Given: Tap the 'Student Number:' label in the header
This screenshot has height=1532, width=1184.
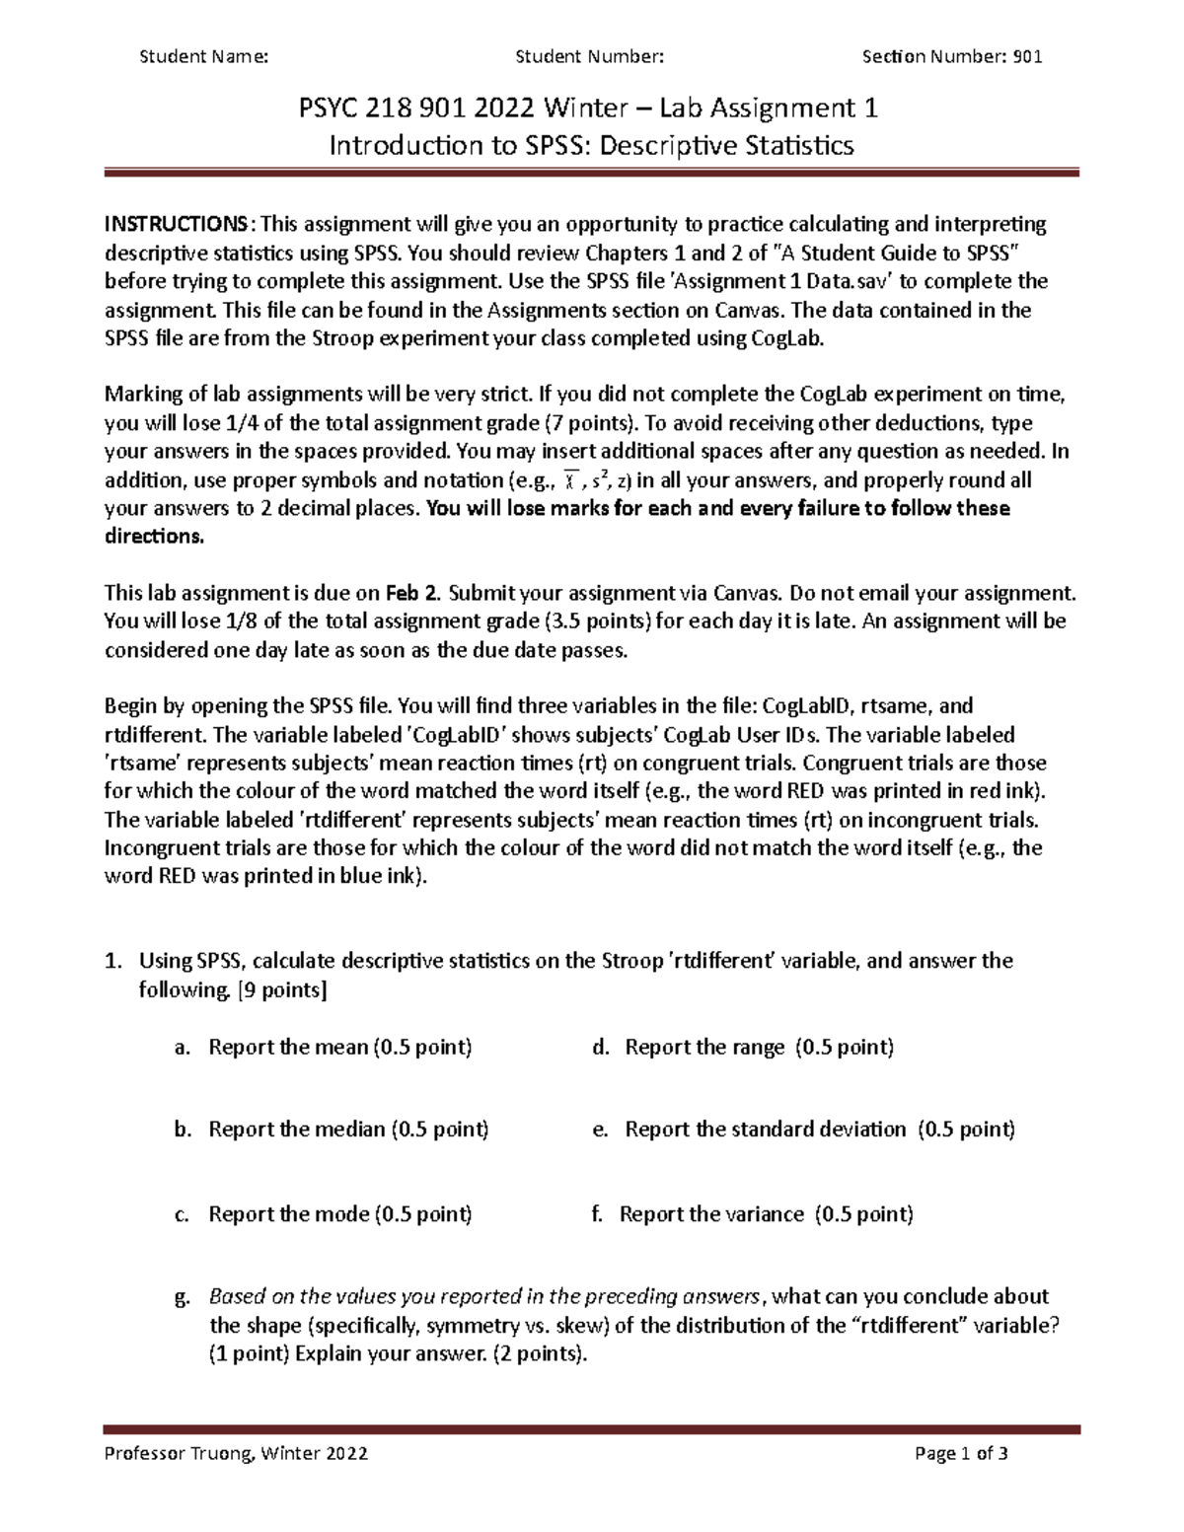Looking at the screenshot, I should [x=589, y=57].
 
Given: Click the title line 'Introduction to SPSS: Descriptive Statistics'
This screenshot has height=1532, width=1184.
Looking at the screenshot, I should [x=591, y=147].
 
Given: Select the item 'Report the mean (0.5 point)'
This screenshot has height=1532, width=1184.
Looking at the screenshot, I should [x=340, y=1047].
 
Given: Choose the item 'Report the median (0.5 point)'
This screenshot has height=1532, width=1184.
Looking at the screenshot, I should [x=348, y=1130].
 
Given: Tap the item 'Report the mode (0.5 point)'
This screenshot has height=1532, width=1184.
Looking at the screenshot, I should [x=340, y=1214].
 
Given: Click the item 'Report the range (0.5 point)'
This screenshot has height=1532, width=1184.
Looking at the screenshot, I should [x=759, y=1047].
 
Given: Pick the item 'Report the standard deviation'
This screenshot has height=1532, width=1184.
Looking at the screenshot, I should [x=765, y=1130].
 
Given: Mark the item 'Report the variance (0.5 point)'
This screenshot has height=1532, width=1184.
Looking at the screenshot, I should [x=766, y=1214].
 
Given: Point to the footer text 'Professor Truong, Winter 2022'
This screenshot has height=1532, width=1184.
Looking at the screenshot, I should [x=236, y=1453].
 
